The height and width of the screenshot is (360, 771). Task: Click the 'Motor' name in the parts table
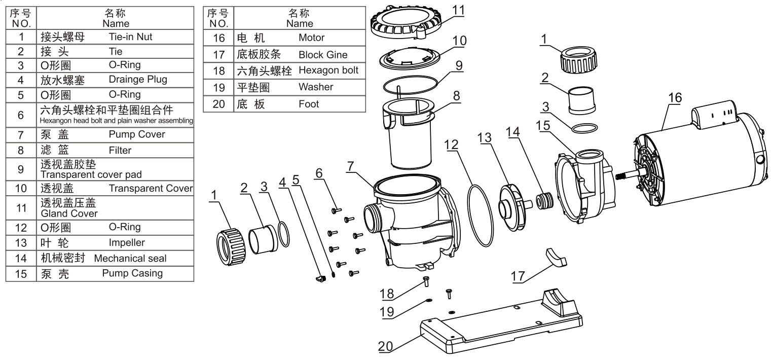click(312, 38)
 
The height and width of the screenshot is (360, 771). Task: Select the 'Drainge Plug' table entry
click(138, 80)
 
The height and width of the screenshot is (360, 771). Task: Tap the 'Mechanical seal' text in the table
click(130, 259)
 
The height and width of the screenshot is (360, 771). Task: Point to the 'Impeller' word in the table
click(127, 243)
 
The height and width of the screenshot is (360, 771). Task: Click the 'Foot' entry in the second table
click(309, 104)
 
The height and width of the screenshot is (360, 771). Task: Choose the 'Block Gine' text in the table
click(323, 55)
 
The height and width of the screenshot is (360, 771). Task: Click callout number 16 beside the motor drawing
click(675, 98)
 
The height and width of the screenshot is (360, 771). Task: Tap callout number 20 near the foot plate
click(385, 346)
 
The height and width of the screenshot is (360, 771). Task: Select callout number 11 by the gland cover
click(458, 10)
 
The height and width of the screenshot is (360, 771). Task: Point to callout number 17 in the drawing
click(518, 276)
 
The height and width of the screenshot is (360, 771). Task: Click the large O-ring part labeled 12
click(481, 216)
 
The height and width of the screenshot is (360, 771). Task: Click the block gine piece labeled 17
click(556, 258)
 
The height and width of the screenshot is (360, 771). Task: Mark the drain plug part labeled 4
click(320, 278)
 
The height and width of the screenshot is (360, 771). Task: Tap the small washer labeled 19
click(429, 301)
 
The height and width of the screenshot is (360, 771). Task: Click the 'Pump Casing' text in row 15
click(132, 273)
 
